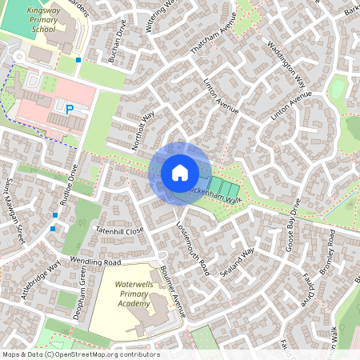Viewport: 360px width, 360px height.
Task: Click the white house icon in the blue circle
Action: click(179, 173)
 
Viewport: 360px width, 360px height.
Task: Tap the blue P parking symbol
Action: click(70, 109)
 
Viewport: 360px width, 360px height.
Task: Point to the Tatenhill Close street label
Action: click(119, 230)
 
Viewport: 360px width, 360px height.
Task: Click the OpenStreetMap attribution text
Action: click(80, 354)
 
